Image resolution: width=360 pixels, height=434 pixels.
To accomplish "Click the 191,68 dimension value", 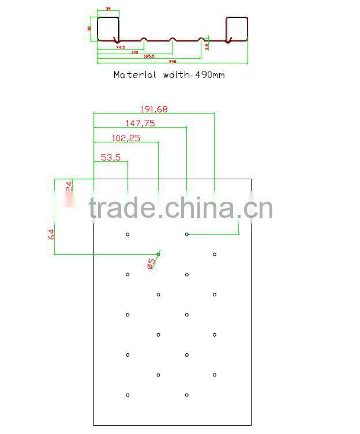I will [x=154, y=109].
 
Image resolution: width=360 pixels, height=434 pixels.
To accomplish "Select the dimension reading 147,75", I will [x=140, y=123].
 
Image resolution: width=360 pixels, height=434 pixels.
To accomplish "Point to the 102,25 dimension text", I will [x=126, y=138].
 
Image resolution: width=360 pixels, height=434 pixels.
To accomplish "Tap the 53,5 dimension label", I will [x=110, y=157].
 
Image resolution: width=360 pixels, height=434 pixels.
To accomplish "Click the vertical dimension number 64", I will [x=51, y=234].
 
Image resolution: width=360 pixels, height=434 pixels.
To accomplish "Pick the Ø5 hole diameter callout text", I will [x=151, y=263].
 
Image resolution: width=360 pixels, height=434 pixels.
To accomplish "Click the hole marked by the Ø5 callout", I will [x=158, y=254].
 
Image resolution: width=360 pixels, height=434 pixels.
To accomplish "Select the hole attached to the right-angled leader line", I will [x=186, y=234].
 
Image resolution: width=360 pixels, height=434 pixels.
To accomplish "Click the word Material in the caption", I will [x=134, y=75].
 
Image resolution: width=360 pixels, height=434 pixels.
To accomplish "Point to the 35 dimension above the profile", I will [x=108, y=10].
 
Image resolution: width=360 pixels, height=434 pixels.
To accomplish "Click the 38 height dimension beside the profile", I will [x=89, y=28].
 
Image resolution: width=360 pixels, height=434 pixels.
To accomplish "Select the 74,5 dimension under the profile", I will [x=120, y=48].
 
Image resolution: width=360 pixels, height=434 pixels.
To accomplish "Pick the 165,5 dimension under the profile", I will [x=148, y=56].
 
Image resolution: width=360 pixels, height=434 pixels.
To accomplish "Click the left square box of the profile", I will [x=108, y=29].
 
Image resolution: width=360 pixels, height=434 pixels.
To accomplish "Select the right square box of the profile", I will [x=237, y=29].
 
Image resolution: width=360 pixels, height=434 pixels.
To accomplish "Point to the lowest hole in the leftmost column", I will [x=127, y=395].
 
